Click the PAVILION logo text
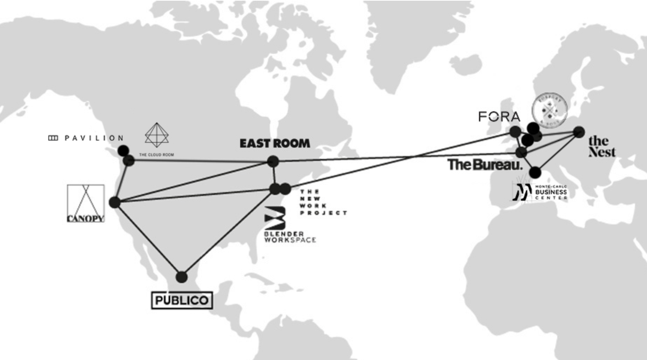[x=86, y=138]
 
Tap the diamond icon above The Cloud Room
[x=156, y=135]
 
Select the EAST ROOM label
[x=275, y=143]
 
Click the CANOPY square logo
[x=86, y=203]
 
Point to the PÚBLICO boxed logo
[x=182, y=300]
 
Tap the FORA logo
[x=499, y=117]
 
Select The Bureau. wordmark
[x=485, y=165]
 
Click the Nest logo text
[x=601, y=146]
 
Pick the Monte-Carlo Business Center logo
[x=540, y=192]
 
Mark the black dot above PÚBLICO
[x=181, y=277]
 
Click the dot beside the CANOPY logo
[x=114, y=202]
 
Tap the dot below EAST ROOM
[x=273, y=161]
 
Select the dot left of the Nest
[x=579, y=132]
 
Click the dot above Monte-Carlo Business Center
[x=535, y=172]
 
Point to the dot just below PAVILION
[x=123, y=151]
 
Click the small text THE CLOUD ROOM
[x=156, y=155]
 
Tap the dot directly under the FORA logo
[x=515, y=132]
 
